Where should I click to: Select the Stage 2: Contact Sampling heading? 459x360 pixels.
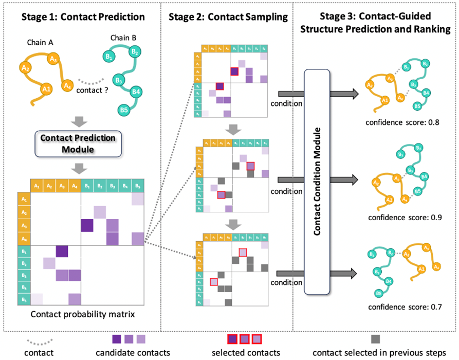[x=228, y=17]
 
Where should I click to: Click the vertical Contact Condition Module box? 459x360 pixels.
[x=317, y=181]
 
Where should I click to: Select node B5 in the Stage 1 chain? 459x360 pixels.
[x=123, y=110]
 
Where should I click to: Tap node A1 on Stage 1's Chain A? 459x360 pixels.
[x=46, y=89]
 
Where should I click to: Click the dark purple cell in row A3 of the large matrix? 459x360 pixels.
[x=87, y=225]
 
